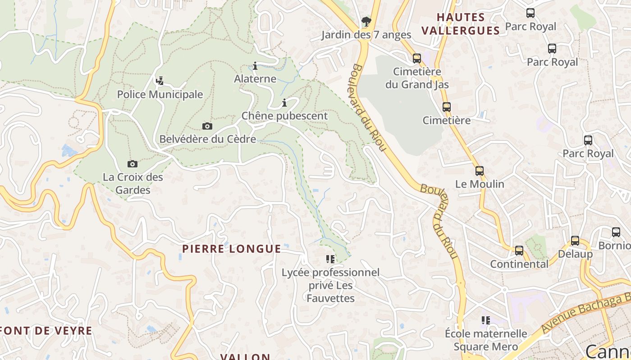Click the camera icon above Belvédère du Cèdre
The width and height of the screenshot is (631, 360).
point(207,126)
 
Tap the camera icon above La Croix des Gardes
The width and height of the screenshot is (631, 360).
point(132,164)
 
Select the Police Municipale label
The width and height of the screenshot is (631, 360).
point(160,94)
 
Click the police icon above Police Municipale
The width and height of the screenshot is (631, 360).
point(159,81)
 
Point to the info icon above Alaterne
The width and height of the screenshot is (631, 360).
point(255,66)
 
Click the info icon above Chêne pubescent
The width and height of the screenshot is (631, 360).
point(284,103)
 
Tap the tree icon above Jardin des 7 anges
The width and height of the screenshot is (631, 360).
point(366,21)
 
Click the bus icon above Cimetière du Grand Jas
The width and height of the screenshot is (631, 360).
point(417,58)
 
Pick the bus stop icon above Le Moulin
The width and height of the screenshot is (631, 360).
point(480,171)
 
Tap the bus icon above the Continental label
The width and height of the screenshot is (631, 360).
point(519,251)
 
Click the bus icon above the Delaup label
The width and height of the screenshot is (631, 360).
point(575,241)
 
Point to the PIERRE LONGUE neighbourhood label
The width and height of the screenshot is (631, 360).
point(232,249)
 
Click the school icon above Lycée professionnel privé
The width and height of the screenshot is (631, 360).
point(330,259)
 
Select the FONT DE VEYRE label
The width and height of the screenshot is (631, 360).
point(46,331)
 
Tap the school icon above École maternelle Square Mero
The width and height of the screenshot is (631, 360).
point(485,320)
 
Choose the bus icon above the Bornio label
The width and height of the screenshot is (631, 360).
point(616,232)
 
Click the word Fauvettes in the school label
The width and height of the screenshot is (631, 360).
point(330,298)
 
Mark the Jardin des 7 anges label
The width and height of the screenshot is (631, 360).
point(366,35)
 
